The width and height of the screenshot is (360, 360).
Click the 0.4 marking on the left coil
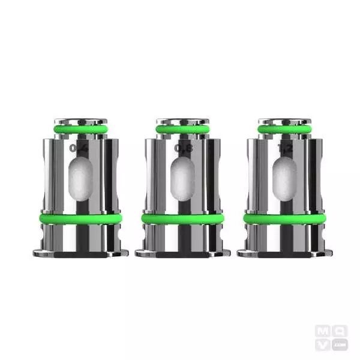coord(77,147)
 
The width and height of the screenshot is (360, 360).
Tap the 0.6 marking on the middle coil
coord(182,148)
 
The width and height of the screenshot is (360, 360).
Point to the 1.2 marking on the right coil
coord(284,148)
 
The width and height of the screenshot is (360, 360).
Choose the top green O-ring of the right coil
coord(284,128)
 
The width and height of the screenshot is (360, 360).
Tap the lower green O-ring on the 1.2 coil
coord(284,219)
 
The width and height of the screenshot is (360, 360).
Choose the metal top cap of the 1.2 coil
coord(284,121)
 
